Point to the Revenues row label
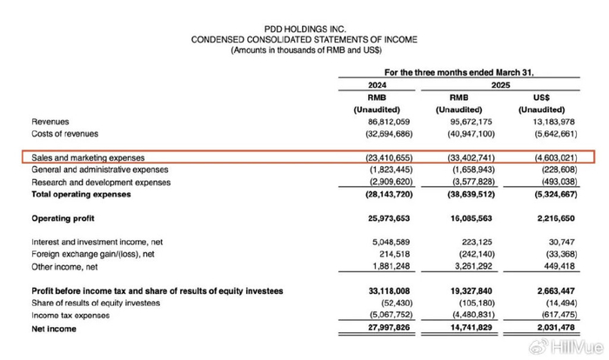pos(50,122)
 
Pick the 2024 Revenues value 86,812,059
pos(377,122)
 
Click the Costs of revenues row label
pos(64,133)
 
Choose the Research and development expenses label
pos(100,182)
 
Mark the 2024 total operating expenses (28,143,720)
pos(376,194)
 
